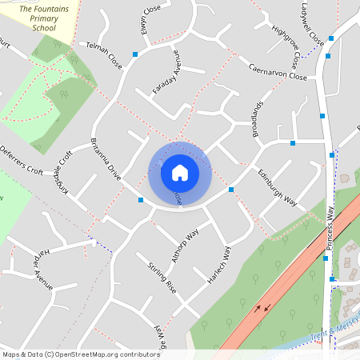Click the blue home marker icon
[180, 172]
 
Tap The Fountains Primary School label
[44, 15]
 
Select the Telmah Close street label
[104, 55]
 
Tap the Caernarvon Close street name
[277, 71]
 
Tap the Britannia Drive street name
[106, 161]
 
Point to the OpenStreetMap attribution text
[81, 354]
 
